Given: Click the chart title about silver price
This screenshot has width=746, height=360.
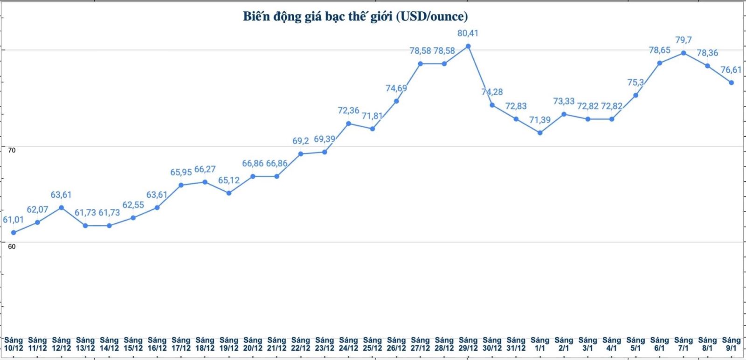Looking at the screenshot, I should pyautogui.click(x=355, y=16).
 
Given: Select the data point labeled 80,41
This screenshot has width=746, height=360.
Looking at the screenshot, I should pyautogui.click(x=468, y=46).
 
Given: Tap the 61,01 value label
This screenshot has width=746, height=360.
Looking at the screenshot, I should pyautogui.click(x=14, y=220).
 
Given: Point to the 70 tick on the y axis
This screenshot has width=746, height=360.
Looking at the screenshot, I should pyautogui.click(x=12, y=150).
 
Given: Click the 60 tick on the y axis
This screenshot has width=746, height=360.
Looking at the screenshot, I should pyautogui.click(x=12, y=246).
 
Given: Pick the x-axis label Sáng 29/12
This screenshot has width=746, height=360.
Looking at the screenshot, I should pyautogui.click(x=468, y=344).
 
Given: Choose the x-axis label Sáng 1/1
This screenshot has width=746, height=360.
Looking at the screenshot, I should pyautogui.click(x=540, y=344).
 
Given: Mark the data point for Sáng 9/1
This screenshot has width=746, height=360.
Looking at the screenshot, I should pyautogui.click(x=731, y=83).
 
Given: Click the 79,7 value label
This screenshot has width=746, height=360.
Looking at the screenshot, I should pyautogui.click(x=684, y=40).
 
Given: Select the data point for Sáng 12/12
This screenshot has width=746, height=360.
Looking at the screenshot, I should pyautogui.click(x=61, y=208).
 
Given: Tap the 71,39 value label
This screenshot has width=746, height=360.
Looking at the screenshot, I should pyautogui.click(x=540, y=120).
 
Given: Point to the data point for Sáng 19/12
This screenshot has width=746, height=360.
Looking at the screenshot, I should pyautogui.click(x=228, y=193).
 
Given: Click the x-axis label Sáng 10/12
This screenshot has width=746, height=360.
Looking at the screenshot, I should pyautogui.click(x=14, y=344).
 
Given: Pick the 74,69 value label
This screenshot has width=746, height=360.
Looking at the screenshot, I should pyautogui.click(x=396, y=88).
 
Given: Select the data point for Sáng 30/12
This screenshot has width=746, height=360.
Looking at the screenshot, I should pyautogui.click(x=492, y=105).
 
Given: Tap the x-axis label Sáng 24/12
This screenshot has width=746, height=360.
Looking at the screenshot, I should pyautogui.click(x=348, y=344).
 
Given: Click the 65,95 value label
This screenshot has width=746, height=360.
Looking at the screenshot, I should pyautogui.click(x=181, y=172).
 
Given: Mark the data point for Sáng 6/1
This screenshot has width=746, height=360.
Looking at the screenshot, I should pyautogui.click(x=659, y=63).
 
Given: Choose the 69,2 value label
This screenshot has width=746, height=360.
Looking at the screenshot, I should pyautogui.click(x=301, y=141).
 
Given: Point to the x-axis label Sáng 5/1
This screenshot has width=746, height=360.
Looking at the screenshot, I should pyautogui.click(x=635, y=344).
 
